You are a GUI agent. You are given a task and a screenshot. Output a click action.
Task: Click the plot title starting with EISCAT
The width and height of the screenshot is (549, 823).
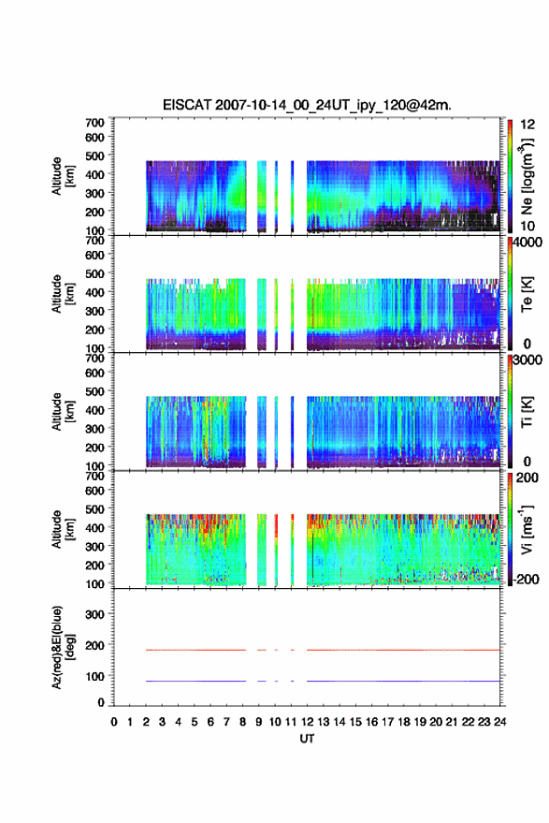click(307, 105)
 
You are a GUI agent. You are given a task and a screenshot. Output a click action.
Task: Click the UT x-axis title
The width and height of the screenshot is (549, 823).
click(307, 739)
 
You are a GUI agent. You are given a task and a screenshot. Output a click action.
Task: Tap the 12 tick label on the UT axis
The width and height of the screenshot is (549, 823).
click(307, 722)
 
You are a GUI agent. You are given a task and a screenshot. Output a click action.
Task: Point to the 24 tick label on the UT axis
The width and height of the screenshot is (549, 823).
click(499, 722)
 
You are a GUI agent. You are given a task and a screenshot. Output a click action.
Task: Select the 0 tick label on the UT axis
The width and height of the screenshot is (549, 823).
click(114, 722)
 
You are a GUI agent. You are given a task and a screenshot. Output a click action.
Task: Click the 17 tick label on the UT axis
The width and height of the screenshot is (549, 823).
click(387, 722)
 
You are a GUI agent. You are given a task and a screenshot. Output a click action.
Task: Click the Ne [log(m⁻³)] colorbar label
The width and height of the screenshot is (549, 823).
click(527, 176)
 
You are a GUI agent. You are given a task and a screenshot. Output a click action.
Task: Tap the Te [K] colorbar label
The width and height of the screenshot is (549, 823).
click(527, 294)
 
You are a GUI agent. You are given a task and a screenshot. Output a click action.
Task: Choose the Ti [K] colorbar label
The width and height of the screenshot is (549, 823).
click(527, 412)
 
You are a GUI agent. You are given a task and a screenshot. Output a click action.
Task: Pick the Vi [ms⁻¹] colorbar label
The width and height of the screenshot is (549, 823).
click(527, 530)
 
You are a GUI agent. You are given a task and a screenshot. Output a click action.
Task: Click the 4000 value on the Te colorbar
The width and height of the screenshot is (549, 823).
click(526, 242)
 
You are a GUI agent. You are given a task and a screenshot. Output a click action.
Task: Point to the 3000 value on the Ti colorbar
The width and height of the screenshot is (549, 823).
click(526, 360)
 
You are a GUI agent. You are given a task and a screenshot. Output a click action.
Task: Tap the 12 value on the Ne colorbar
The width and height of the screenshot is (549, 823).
click(527, 125)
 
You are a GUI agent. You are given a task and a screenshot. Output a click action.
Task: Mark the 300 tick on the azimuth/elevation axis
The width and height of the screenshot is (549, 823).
click(94, 614)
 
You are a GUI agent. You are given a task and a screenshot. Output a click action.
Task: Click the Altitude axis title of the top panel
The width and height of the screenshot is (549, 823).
click(63, 176)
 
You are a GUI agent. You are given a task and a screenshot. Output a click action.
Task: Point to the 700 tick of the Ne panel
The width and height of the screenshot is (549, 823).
click(94, 123)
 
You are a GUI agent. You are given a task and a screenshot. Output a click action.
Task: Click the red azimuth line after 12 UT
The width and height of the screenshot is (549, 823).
click(403, 650)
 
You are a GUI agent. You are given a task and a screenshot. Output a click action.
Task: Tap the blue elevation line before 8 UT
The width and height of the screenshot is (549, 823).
click(196, 681)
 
